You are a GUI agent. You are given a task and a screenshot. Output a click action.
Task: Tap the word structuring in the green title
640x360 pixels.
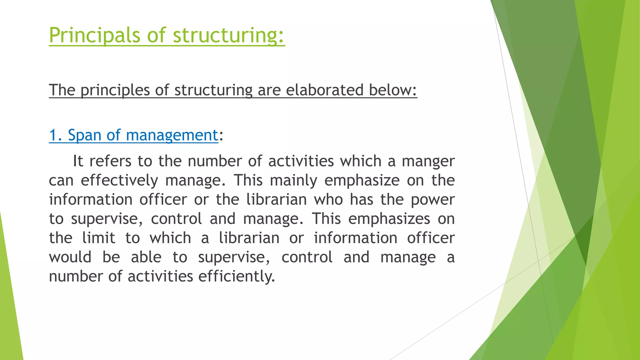pyautogui.click(x=228, y=35)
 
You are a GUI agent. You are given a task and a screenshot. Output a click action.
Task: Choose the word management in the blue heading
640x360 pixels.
pyautogui.click(x=172, y=136)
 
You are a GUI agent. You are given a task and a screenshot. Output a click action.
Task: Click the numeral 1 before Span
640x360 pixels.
pyautogui.click(x=53, y=135)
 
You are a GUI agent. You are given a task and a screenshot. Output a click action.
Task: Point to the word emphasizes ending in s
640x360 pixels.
pyautogui.click(x=389, y=219)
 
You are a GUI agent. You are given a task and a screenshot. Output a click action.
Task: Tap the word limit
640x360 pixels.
pyautogui.click(x=99, y=238)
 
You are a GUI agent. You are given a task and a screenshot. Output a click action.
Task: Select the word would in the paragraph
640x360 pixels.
pyautogui.click(x=70, y=257)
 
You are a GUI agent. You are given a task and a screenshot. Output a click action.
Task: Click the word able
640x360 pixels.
pyautogui.click(x=146, y=257)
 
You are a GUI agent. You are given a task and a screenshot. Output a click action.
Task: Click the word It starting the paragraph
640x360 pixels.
pyautogui.click(x=78, y=161)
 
